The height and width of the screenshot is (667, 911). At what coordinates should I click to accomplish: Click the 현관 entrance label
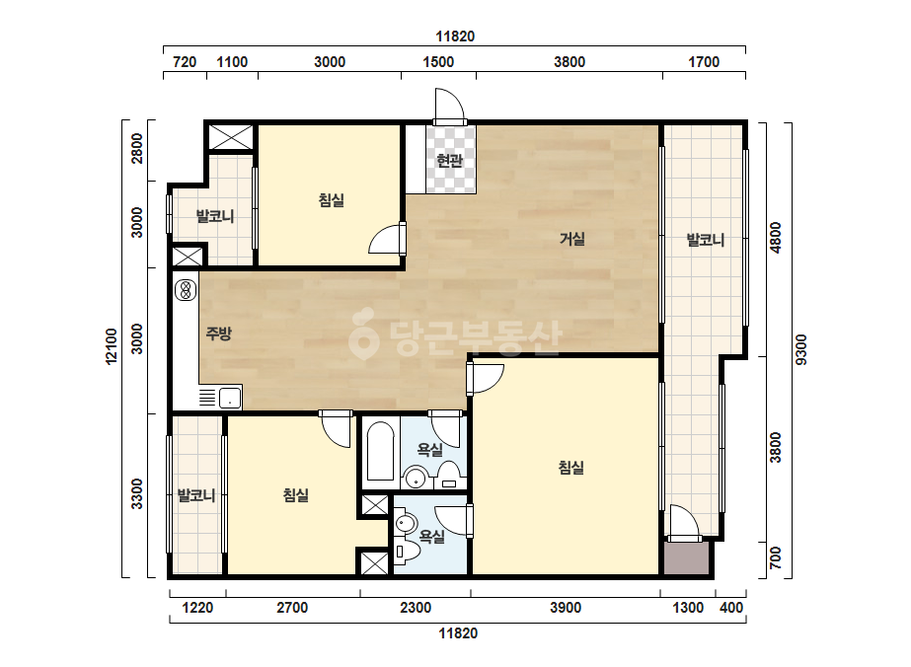point(449,161)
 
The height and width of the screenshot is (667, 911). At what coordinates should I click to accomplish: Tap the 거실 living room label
point(572,238)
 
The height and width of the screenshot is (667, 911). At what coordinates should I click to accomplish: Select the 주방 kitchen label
point(218,333)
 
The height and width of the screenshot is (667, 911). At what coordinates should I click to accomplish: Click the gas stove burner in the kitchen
point(186,289)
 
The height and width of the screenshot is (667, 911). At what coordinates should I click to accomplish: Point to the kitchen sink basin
point(230,398)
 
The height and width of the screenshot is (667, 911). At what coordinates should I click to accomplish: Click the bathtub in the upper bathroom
point(381,452)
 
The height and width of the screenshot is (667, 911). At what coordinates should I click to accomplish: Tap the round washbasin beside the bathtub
point(416,479)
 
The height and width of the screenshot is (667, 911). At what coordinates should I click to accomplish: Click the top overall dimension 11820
point(455,37)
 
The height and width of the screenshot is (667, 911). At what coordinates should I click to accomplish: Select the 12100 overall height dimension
point(112,347)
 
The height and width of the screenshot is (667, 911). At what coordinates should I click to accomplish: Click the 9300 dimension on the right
point(801,349)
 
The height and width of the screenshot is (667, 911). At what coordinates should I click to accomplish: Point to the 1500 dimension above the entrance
point(438,61)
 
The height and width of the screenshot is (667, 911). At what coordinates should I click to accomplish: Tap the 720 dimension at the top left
point(185,61)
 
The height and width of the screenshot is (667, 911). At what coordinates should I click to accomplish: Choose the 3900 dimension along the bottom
point(566,608)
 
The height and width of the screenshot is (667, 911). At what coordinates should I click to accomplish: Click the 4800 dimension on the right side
point(776,238)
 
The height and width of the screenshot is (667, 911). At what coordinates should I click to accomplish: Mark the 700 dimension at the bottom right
point(776,558)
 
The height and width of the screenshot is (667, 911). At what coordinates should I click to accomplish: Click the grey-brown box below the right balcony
point(687,558)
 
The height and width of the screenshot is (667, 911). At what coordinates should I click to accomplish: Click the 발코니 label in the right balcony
point(706,240)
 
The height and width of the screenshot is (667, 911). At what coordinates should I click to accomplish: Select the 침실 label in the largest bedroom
point(570,468)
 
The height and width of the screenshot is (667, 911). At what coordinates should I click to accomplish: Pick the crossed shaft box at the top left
point(231,137)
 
